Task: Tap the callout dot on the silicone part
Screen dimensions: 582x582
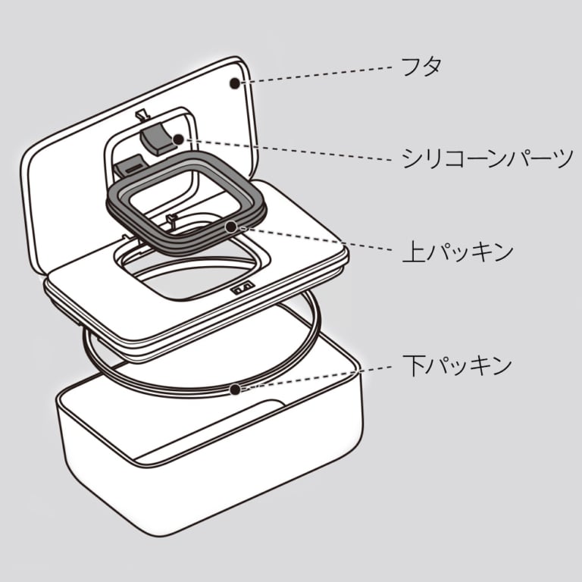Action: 177,139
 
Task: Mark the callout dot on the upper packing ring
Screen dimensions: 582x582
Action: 229,225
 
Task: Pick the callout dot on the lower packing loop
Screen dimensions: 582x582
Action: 236,390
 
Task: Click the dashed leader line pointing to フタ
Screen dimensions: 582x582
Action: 318,74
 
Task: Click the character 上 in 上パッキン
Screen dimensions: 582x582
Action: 411,250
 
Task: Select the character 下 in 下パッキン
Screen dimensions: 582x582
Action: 411,366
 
